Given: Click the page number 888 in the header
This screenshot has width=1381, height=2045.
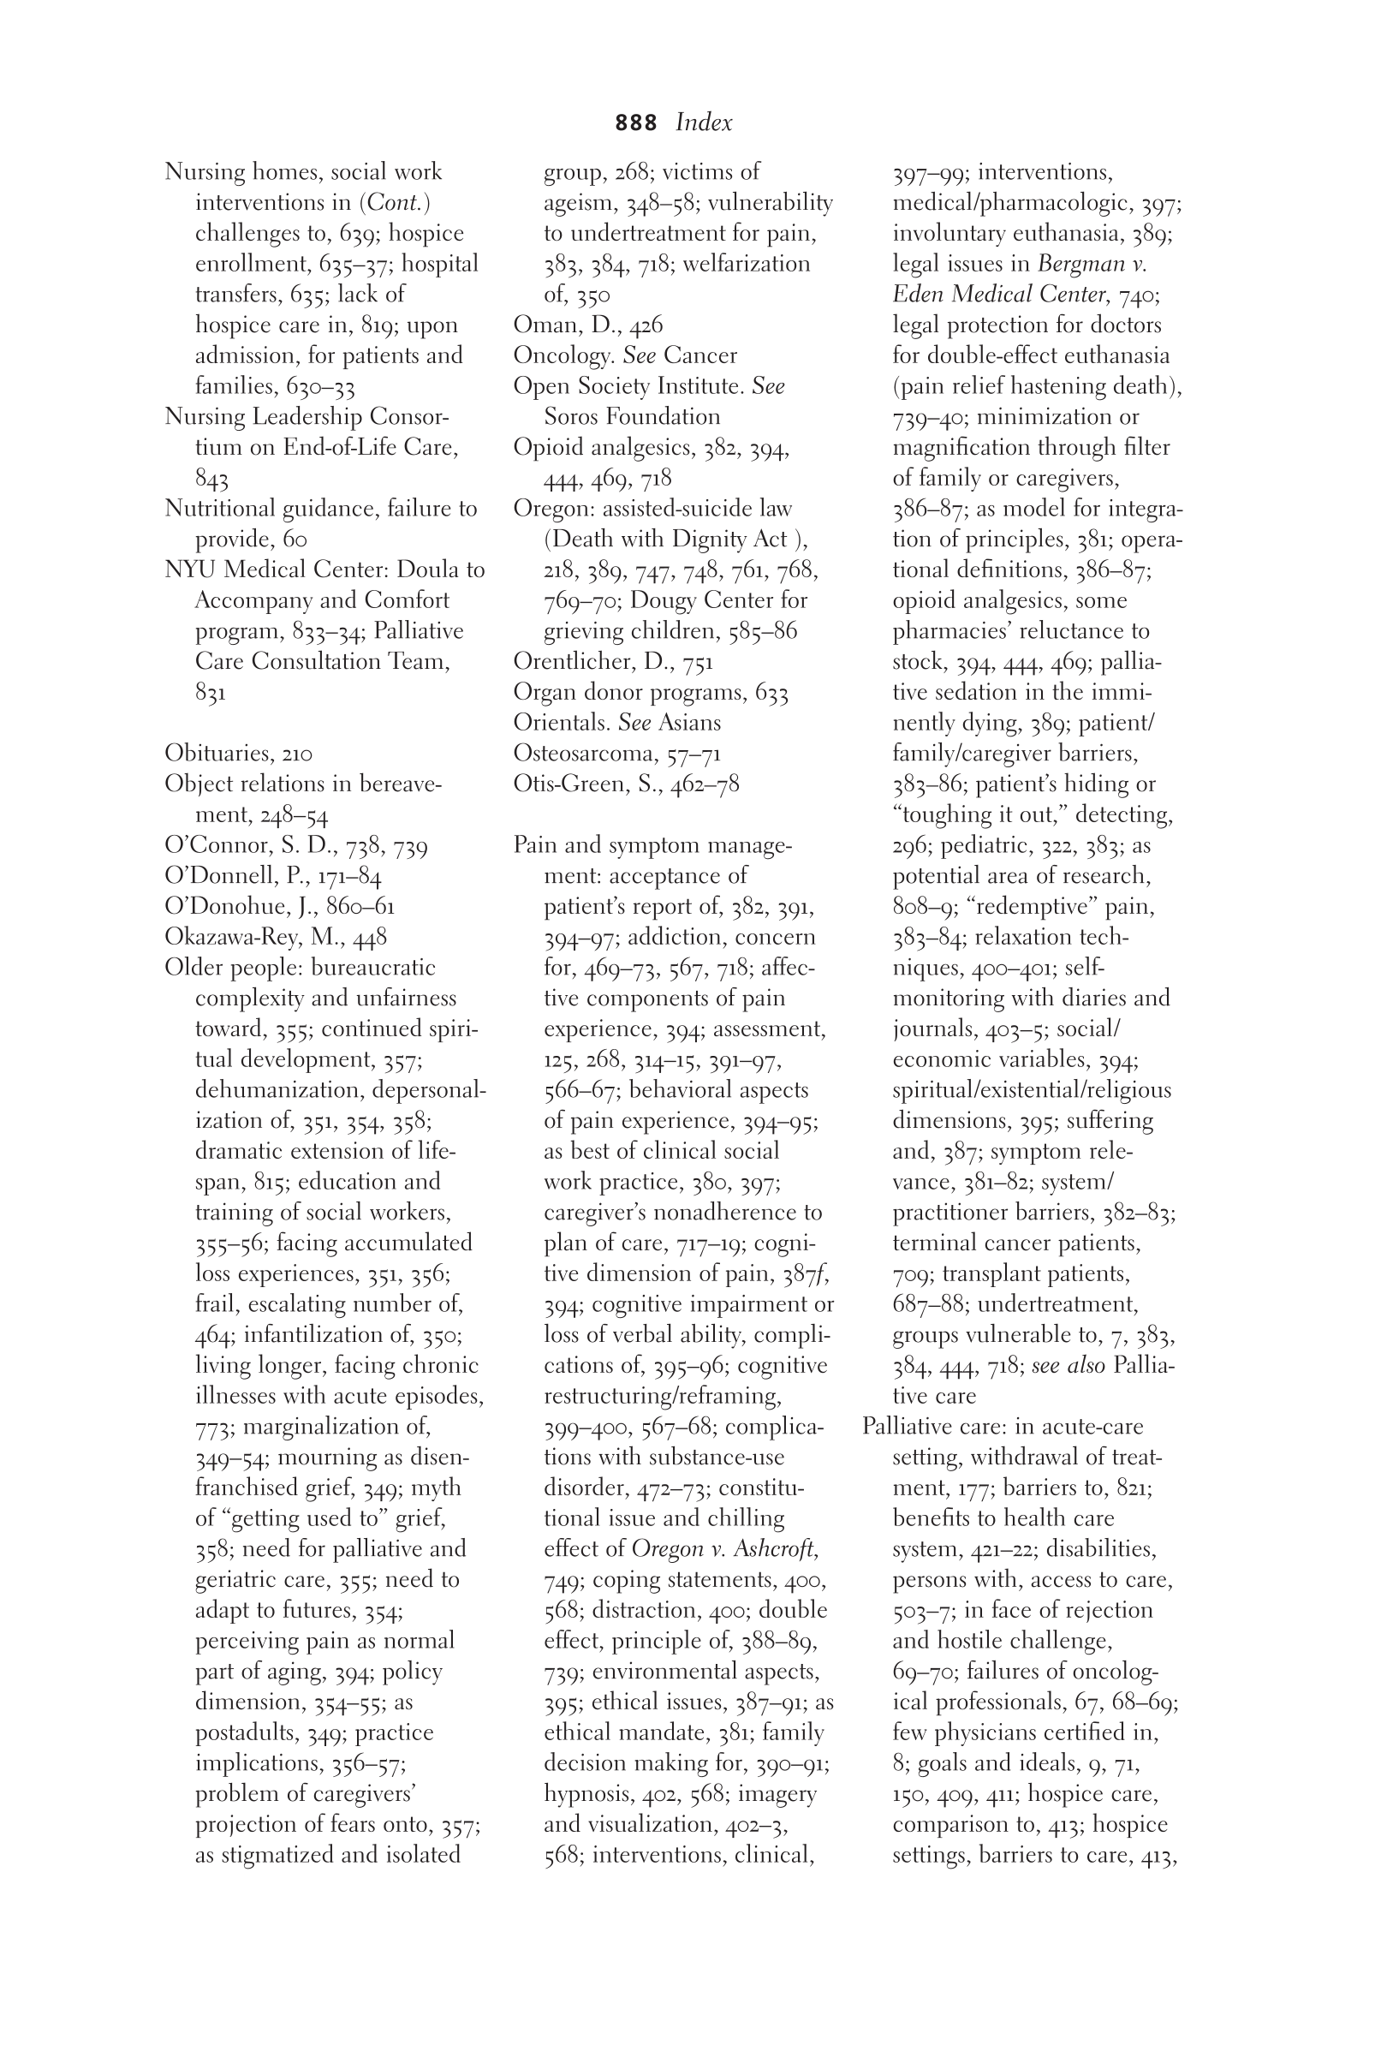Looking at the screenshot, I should coord(635,123).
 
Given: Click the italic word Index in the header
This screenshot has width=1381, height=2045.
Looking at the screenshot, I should coord(704,123).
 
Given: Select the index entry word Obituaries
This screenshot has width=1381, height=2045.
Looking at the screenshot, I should coord(217,754).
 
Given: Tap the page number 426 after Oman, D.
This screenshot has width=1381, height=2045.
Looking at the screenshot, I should coord(646,326).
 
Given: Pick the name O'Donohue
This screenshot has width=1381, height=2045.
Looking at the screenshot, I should coord(224,907).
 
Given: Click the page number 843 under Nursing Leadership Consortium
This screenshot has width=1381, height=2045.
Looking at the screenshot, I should coord(211,480).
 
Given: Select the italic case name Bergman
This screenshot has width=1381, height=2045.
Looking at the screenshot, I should coord(1082,264).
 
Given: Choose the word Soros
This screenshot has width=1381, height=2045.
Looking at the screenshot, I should coord(574,417).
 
